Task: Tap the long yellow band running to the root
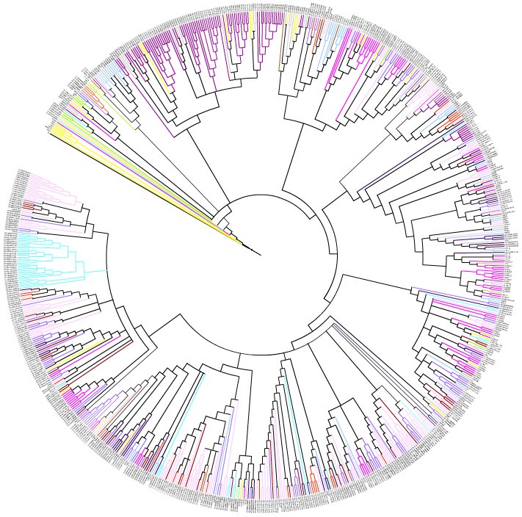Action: pyautogui.click(x=147, y=191)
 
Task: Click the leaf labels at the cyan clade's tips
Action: pyautogui.click(x=10, y=257)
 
